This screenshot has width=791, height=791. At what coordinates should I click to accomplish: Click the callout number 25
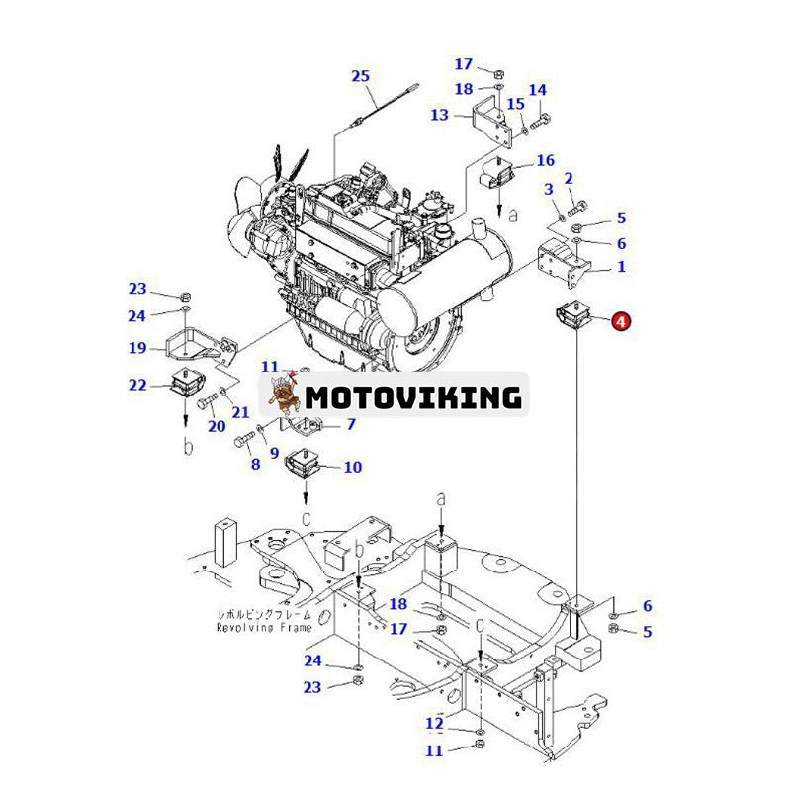coord(360,76)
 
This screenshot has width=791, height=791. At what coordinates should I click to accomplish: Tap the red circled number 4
coord(620,320)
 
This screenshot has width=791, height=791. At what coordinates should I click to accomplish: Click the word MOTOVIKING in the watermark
coord(413,397)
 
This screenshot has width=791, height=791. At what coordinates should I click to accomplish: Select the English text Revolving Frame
coord(264,627)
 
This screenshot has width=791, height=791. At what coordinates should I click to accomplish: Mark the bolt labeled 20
coord(207,403)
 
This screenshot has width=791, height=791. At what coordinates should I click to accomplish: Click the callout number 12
coord(434,724)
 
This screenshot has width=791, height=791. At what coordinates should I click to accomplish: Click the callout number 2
coord(596,178)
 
